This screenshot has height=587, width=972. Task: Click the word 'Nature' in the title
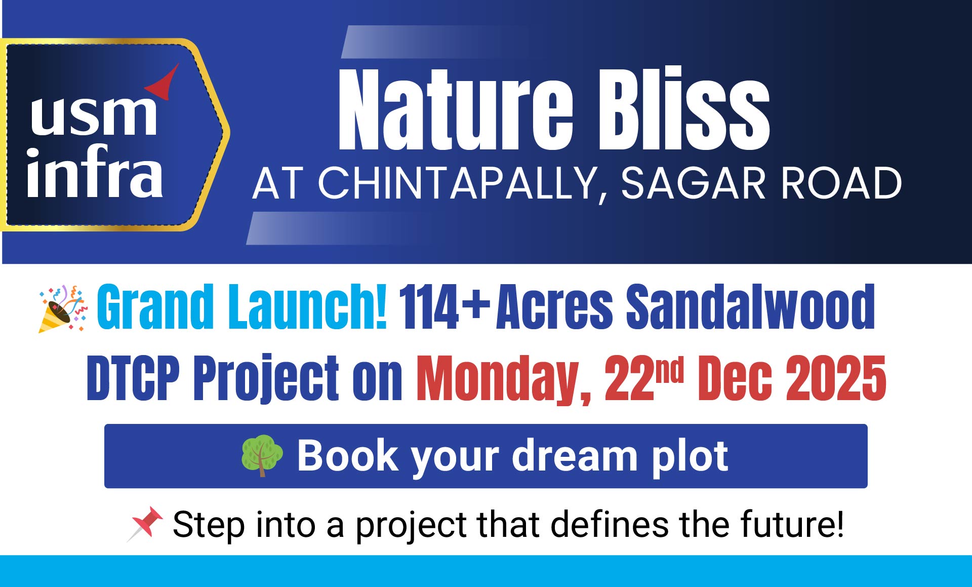click(x=456, y=109)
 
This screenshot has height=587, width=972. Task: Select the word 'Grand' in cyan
click(x=155, y=306)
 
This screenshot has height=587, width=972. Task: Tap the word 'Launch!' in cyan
click(x=308, y=306)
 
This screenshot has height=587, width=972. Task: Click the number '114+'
click(x=444, y=306)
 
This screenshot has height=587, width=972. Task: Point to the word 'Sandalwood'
click(x=751, y=306)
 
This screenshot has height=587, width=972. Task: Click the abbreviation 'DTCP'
click(x=133, y=378)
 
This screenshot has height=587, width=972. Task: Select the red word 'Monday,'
click(x=504, y=379)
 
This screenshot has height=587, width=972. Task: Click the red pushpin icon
click(x=145, y=524)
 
